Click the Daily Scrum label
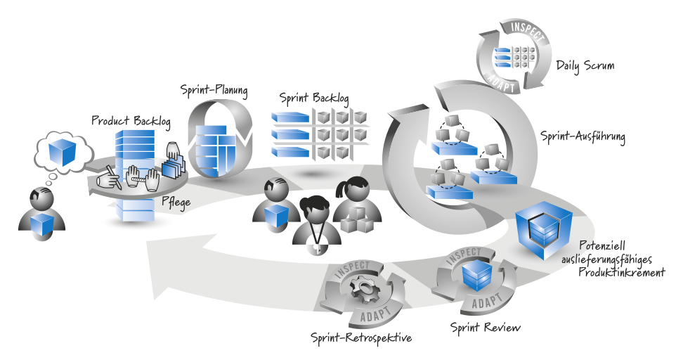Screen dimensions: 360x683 (x=585, y=66)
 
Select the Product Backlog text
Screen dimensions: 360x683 (x=131, y=121)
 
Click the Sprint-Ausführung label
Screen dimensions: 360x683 (x=583, y=136)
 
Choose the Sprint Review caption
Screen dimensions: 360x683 (x=485, y=327)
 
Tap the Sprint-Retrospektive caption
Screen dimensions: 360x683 (x=360, y=338)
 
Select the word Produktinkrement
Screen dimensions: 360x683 (x=620, y=271)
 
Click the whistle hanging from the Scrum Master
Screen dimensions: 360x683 (x=318, y=246)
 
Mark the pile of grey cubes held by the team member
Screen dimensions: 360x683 (x=356, y=220)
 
